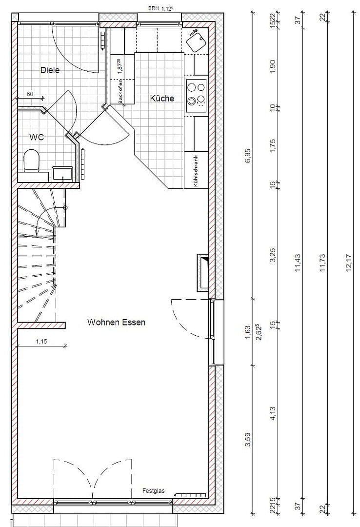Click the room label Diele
point(50,70)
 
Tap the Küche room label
point(162,99)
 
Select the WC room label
point(37,137)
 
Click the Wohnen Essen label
point(116,323)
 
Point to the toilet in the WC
point(32,160)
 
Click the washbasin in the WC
point(62,173)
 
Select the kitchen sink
point(197,40)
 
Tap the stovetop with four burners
point(197,93)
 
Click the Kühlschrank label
point(195,171)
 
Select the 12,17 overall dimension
point(349,263)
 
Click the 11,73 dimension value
point(322,263)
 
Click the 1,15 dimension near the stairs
point(41,342)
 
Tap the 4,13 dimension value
point(273,414)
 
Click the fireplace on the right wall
point(203,273)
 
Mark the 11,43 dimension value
point(298,263)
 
